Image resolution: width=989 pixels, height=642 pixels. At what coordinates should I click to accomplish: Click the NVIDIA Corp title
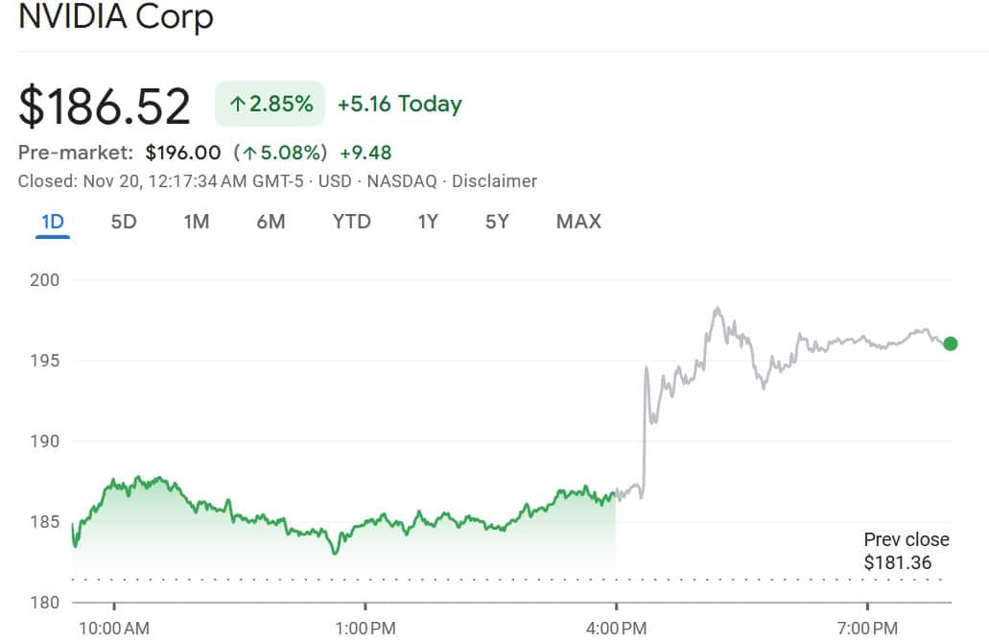[x=116, y=16]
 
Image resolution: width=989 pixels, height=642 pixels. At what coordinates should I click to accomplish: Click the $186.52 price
[x=105, y=106]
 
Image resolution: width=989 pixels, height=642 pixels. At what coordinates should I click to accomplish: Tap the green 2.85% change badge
[x=271, y=104]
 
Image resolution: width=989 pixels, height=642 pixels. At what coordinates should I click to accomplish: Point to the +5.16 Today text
[x=399, y=104]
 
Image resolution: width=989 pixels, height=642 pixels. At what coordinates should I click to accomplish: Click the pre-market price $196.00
[x=183, y=153]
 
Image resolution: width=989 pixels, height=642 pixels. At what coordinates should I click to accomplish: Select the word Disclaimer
[x=494, y=181]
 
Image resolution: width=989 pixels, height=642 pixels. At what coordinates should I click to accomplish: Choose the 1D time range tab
[x=53, y=222]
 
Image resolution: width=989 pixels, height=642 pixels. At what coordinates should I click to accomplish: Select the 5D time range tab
[x=124, y=222]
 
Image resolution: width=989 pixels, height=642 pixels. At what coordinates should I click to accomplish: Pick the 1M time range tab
[x=197, y=222]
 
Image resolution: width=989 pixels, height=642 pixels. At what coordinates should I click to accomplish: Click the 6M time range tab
[x=271, y=222]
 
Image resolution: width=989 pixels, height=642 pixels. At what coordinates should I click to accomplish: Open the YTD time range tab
[x=351, y=222]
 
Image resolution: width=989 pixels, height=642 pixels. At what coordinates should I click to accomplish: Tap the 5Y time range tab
[x=497, y=222]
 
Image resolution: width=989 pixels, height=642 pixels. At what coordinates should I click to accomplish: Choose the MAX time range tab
[x=578, y=222]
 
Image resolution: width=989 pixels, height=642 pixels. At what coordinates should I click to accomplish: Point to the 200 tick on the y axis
[x=45, y=280]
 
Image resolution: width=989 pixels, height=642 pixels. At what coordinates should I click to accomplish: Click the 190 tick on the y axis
[x=45, y=441]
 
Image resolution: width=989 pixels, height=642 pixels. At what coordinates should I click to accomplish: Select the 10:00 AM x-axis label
[x=114, y=629]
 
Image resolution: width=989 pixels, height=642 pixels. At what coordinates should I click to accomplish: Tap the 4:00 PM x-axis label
[x=615, y=629]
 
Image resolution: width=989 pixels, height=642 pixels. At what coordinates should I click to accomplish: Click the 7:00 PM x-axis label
[x=867, y=629]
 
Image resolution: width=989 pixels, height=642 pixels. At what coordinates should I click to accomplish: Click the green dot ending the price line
[x=950, y=344]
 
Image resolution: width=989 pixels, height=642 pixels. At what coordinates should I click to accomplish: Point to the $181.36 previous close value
[x=897, y=562]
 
